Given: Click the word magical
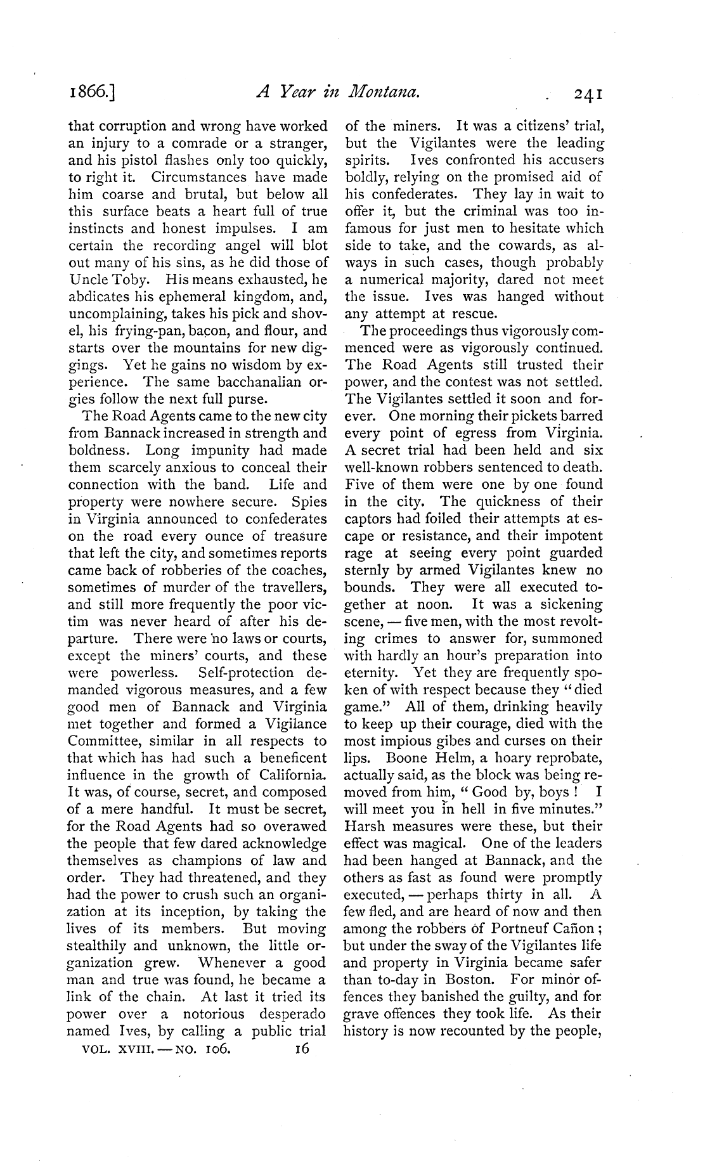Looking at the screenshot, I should (439, 843).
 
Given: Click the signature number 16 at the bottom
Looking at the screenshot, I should (301, 1049).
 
